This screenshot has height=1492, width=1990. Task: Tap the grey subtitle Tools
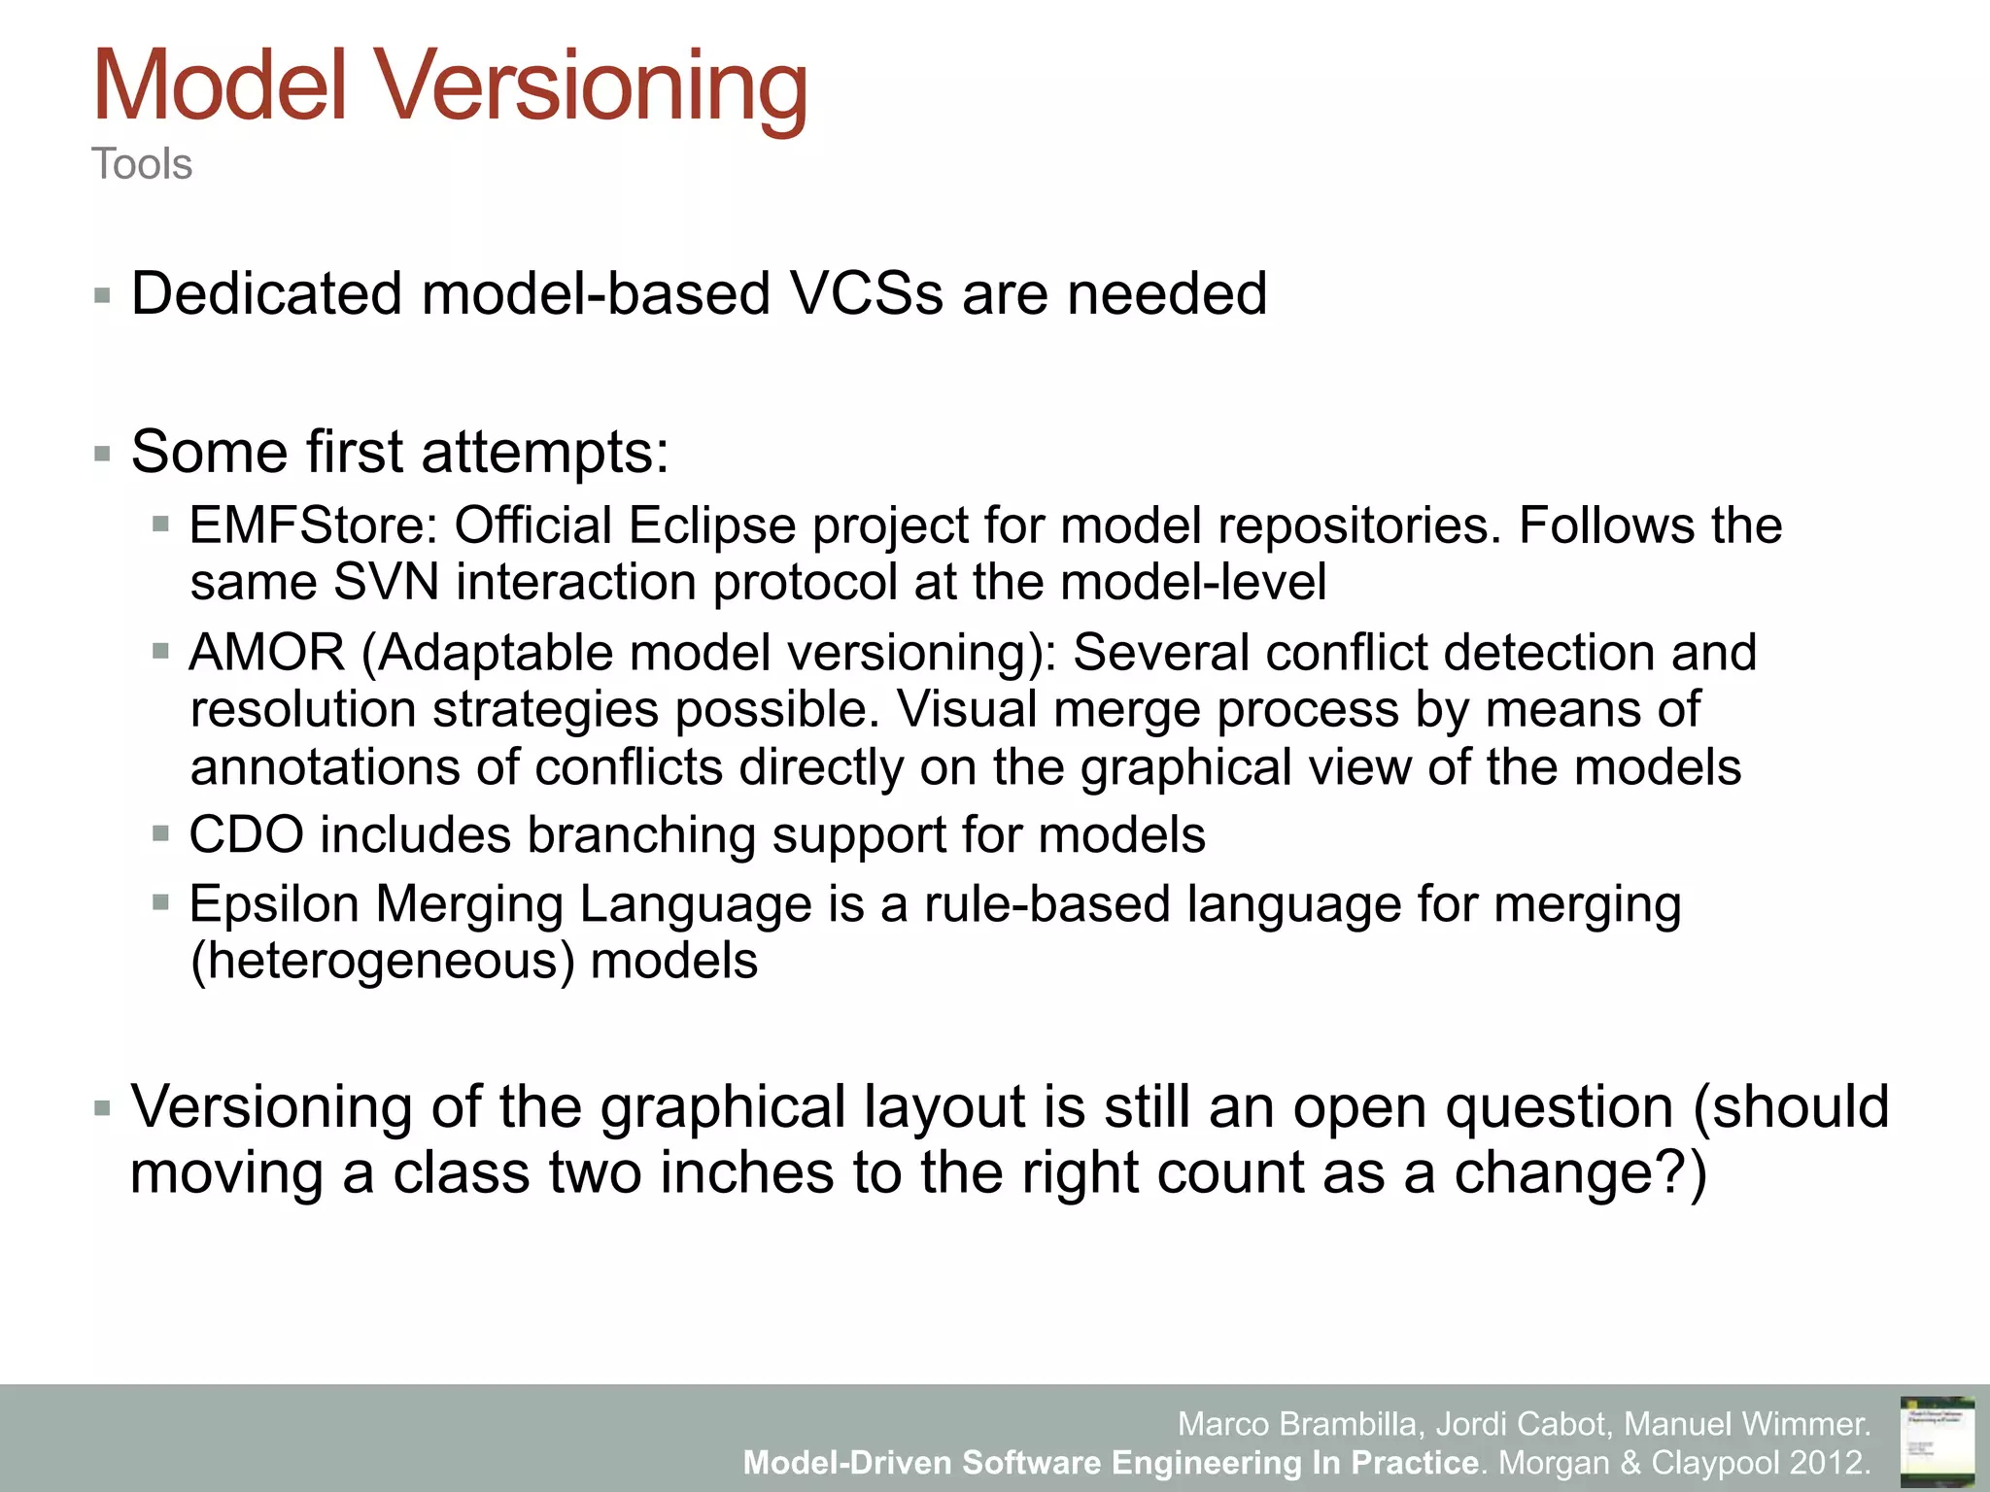click(x=142, y=164)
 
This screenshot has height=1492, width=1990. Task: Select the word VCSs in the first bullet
click(x=865, y=293)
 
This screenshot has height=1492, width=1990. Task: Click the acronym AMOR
click(x=267, y=652)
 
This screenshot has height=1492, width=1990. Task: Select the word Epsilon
click(x=274, y=903)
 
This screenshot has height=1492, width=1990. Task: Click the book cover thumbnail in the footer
click(x=1937, y=1441)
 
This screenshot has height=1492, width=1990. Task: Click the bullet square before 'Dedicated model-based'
click(x=102, y=295)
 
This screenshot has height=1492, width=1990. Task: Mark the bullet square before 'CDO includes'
click(x=161, y=833)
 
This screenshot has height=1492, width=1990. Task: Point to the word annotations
click(x=325, y=767)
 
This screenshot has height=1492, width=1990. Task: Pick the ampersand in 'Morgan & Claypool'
click(x=1630, y=1462)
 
